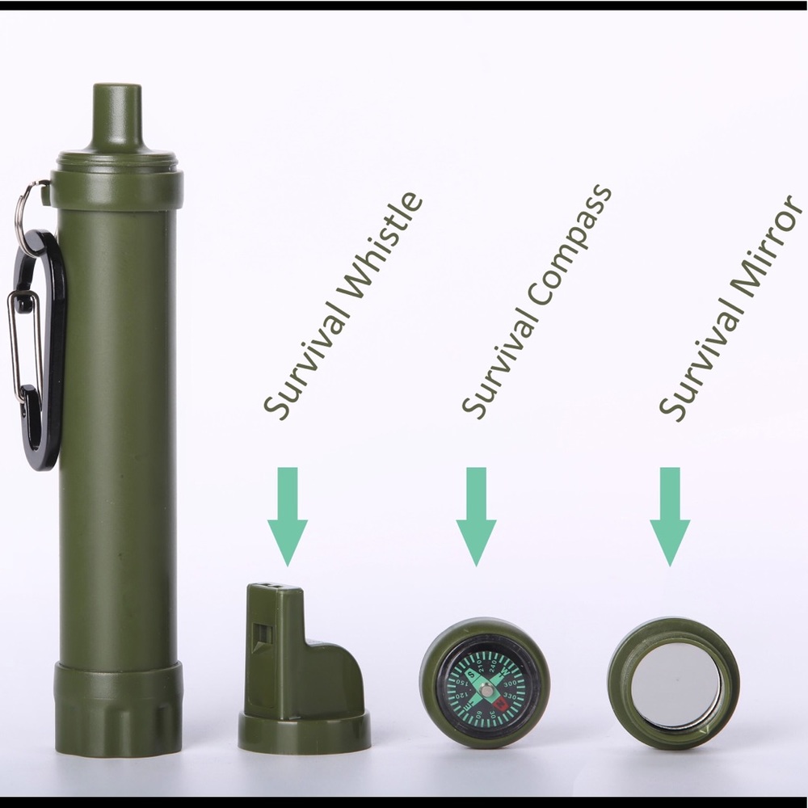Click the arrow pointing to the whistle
[288, 516]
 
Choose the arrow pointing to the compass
[477, 516]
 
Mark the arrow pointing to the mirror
[670, 516]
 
